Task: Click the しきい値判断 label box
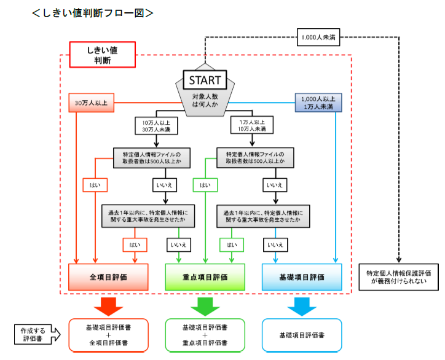click(103, 55)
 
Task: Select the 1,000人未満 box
click(317, 37)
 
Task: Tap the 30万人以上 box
click(91, 102)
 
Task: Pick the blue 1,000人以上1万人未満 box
click(318, 102)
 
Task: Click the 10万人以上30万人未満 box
click(156, 125)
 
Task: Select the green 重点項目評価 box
click(205, 277)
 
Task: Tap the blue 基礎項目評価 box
click(302, 277)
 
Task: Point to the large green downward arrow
click(205, 305)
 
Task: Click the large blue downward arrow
click(302, 305)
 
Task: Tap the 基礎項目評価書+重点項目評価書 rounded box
click(205, 335)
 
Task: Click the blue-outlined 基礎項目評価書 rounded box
click(302, 335)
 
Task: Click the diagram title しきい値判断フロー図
click(93, 12)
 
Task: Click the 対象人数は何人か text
click(205, 102)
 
